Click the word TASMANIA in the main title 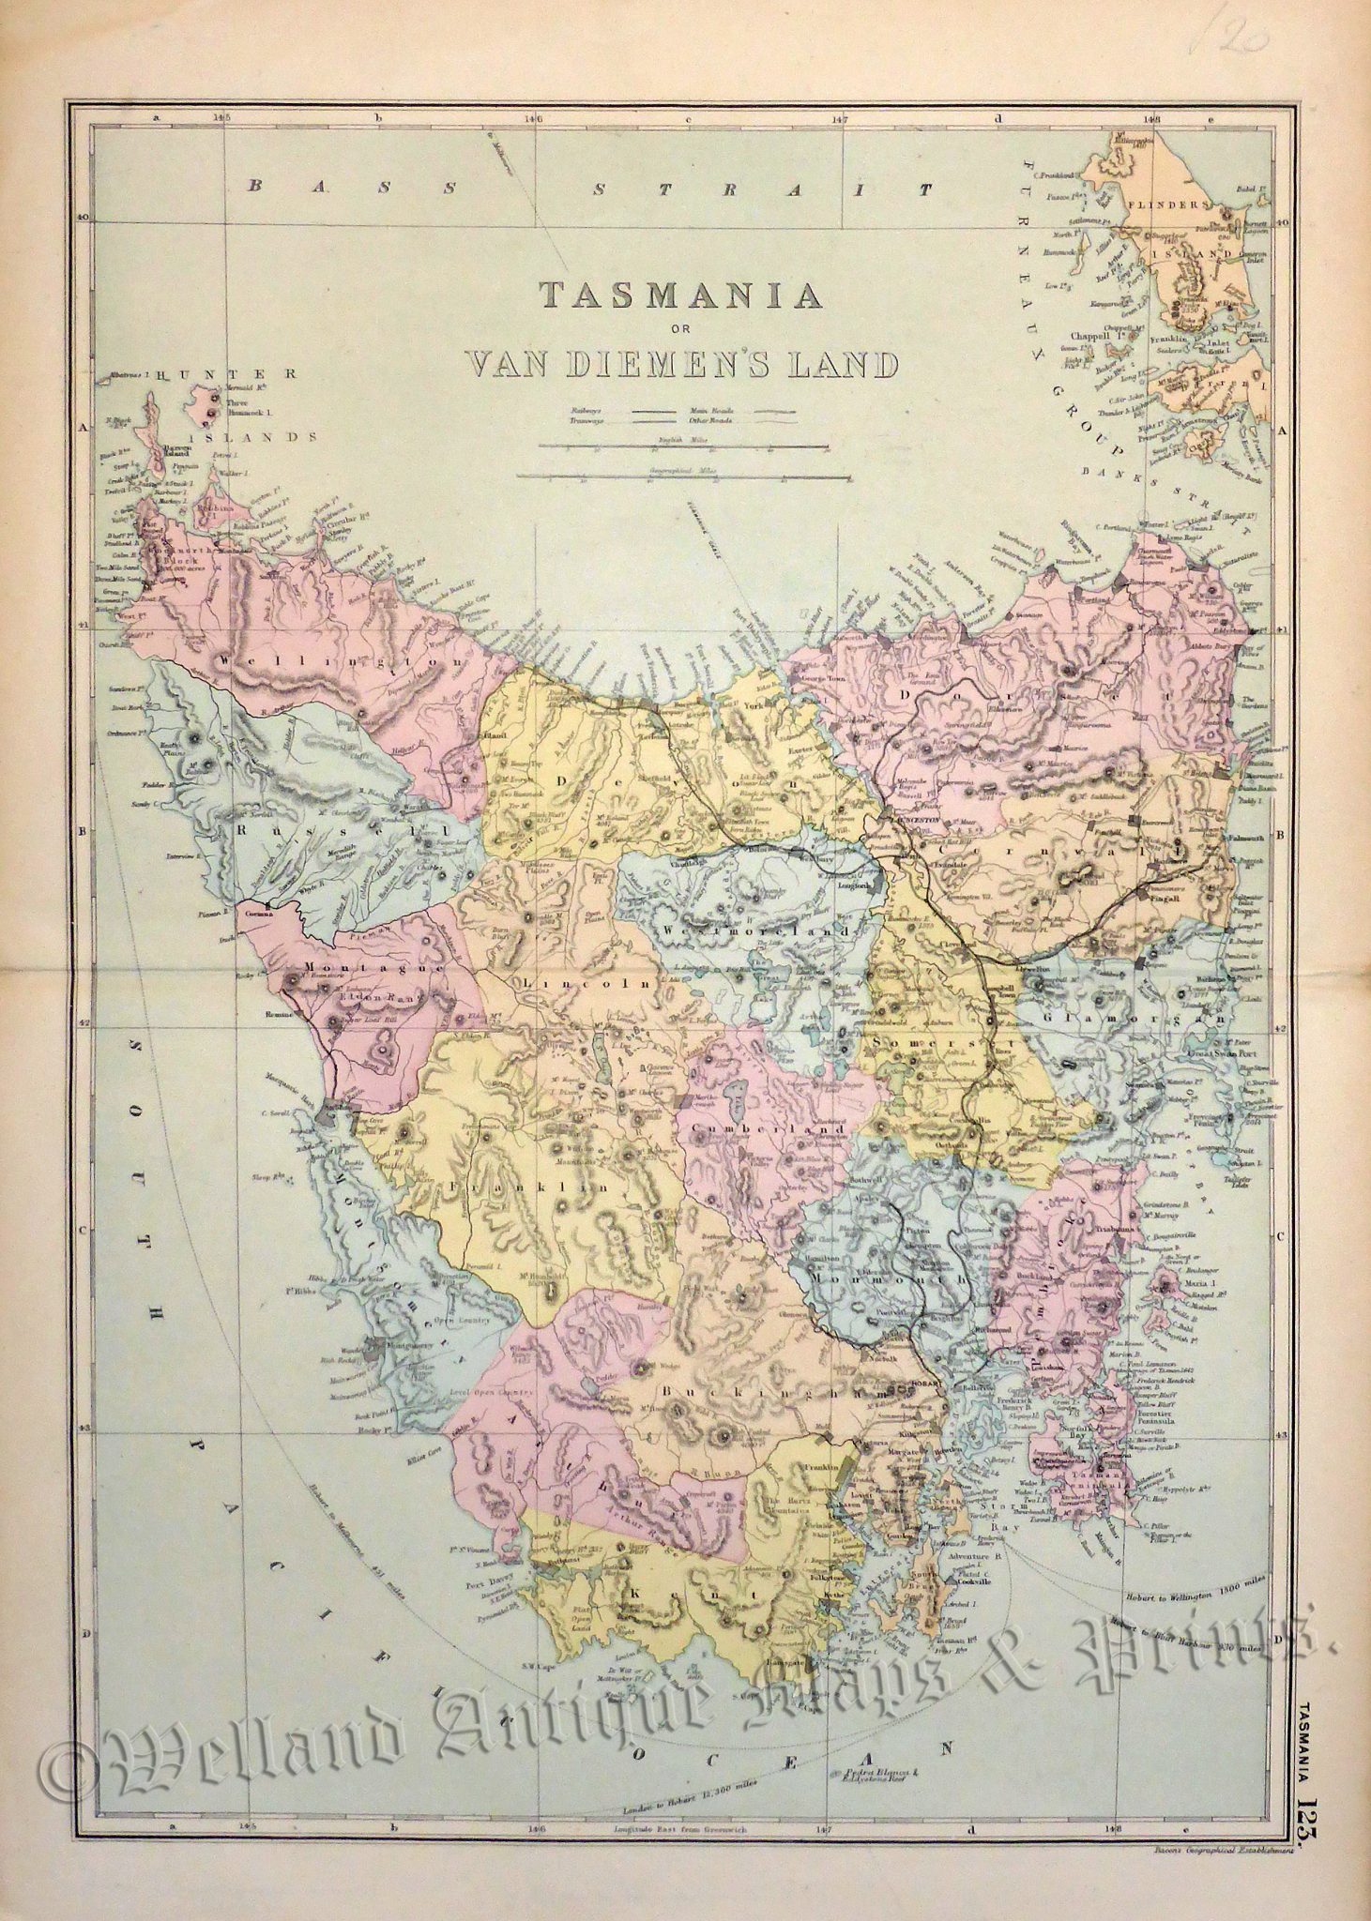coord(681,296)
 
